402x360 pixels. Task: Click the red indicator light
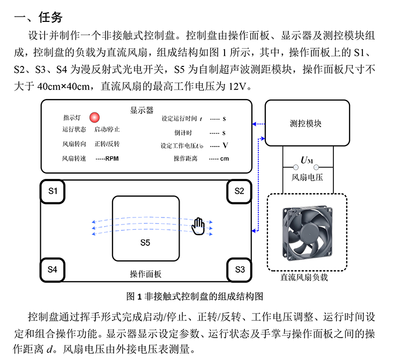coord(94,117)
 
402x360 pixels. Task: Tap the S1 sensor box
coord(53,191)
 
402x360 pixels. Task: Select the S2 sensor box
coord(239,191)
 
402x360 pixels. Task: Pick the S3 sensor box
coord(240,269)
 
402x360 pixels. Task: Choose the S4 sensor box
coord(53,269)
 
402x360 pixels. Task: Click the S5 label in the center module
coord(145,243)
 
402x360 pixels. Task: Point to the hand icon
coord(198,226)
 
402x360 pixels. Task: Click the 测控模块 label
coord(306,124)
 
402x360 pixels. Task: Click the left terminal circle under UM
coord(296,167)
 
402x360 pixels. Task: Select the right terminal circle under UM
coord(316,167)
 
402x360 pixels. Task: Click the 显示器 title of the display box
coord(142,110)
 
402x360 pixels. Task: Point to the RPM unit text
coord(112,159)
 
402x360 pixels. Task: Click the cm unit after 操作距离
coord(225,159)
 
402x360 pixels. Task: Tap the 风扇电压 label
coord(307,177)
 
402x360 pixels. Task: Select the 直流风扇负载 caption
coord(304,277)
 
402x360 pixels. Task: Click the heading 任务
coord(50,18)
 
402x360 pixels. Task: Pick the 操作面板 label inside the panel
coord(146,274)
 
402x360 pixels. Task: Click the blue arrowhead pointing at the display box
coord(254,124)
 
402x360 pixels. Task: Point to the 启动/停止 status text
coord(107,129)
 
